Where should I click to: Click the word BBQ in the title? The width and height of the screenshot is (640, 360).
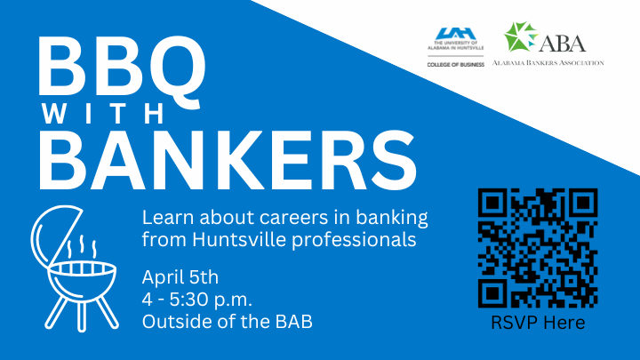[x=122, y=68]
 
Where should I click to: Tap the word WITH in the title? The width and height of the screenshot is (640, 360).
[x=104, y=113]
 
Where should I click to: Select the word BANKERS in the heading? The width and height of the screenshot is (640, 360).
[x=228, y=160]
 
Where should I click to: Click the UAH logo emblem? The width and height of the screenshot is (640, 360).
[x=455, y=34]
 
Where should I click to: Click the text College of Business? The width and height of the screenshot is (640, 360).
[x=455, y=65]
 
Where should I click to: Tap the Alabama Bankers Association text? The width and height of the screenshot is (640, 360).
[x=548, y=63]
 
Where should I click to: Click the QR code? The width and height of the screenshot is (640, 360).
[x=538, y=248]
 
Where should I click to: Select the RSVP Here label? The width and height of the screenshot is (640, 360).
[x=538, y=323]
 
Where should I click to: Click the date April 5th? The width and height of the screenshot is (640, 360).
[x=180, y=277]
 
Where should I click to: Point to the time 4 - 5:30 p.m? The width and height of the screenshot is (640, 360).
[x=197, y=300]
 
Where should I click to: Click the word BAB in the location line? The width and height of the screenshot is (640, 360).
[x=294, y=322]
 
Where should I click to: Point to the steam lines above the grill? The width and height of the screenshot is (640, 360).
[x=82, y=246]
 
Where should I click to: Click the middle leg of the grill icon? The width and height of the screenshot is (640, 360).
[x=82, y=316]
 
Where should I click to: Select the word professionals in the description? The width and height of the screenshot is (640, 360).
[x=354, y=240]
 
